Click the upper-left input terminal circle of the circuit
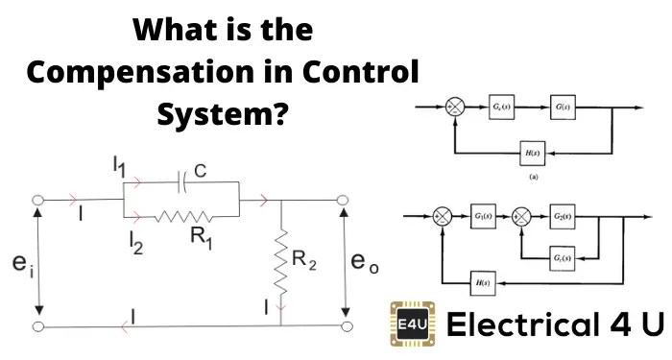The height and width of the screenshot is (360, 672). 38,202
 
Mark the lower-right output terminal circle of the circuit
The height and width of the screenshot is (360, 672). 344,327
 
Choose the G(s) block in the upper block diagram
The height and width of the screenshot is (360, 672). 563,107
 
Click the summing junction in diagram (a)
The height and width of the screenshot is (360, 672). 458,107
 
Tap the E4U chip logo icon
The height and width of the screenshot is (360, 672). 409,324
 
